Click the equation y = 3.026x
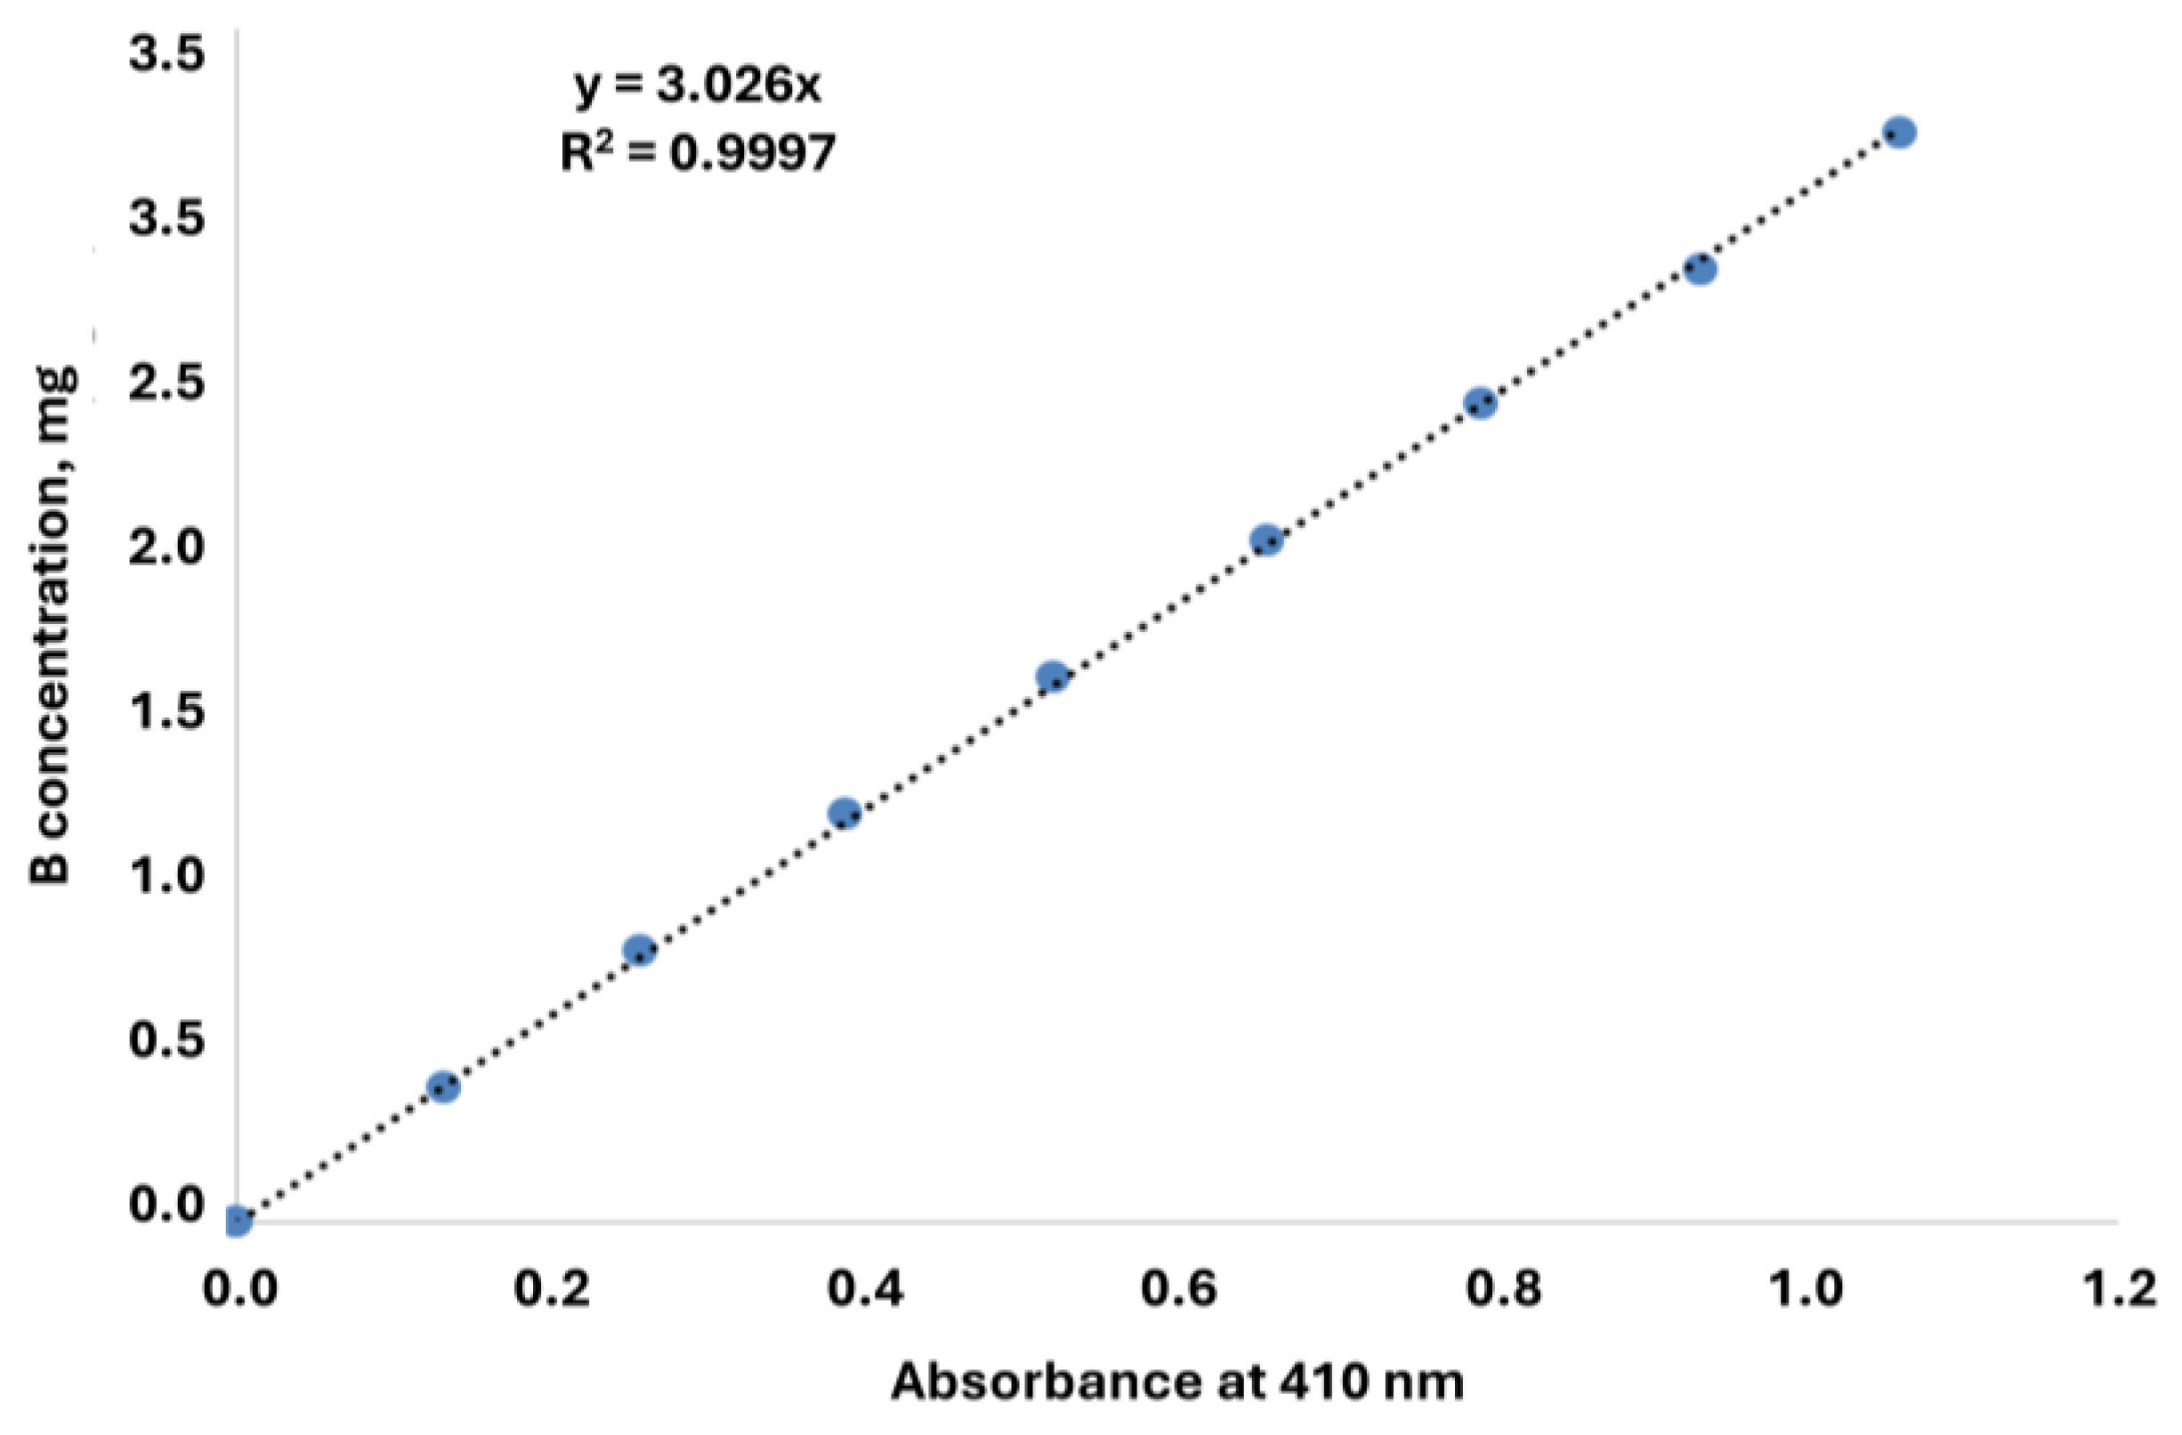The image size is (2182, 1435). (698, 87)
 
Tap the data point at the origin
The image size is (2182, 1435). (237, 1220)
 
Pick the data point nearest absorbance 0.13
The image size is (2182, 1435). (443, 1088)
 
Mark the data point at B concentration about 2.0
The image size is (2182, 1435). (1266, 541)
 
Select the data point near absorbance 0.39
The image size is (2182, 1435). (845, 814)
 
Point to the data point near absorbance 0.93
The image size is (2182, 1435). (1700, 270)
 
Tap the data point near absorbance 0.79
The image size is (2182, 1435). (1481, 402)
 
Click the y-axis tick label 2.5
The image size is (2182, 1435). (165, 384)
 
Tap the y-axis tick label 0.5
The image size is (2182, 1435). (165, 1040)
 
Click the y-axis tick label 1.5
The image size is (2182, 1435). (165, 711)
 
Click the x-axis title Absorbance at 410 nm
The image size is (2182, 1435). (1177, 1382)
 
